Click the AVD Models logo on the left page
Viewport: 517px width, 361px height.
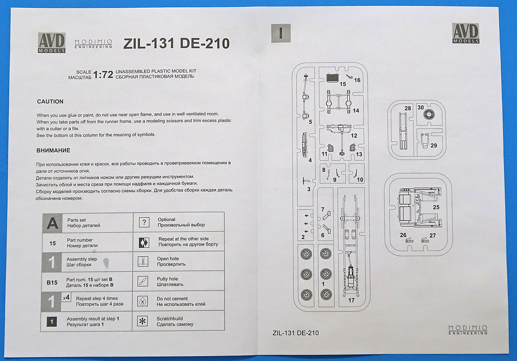coord(52,43)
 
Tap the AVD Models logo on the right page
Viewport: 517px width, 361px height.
coord(466,33)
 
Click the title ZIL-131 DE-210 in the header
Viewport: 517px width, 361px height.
coord(176,44)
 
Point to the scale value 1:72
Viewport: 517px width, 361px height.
coord(103,74)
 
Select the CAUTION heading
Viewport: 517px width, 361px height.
coord(50,101)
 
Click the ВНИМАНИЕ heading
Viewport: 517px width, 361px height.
coord(53,150)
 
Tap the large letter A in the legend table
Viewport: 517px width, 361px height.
coord(52,223)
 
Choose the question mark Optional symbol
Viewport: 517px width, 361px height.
coord(144,222)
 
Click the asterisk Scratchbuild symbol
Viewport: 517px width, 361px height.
coord(143,321)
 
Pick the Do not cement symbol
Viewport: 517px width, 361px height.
coord(143,301)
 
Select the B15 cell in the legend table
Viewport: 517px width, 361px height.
coord(52,282)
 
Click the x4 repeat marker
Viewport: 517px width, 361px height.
coord(66,297)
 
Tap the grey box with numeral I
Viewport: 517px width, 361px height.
coord(281,33)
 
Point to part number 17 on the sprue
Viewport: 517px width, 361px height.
coord(351,300)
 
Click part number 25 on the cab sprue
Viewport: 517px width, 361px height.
coord(436,207)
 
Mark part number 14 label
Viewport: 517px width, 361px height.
coord(356,110)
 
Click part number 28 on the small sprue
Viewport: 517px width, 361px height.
coord(407,108)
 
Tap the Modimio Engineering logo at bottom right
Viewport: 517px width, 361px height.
coord(468,330)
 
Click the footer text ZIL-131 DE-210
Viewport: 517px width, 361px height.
coord(295,333)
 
